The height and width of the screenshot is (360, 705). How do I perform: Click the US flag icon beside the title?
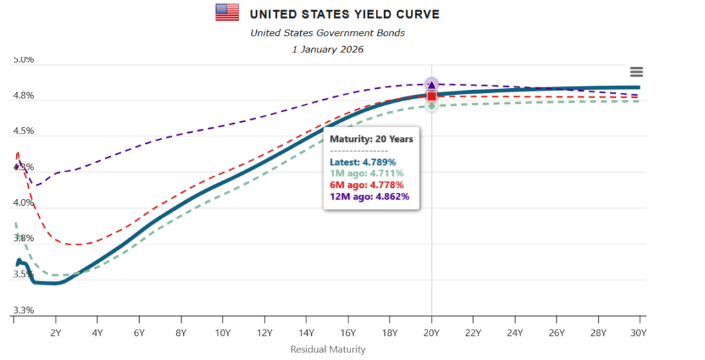(227, 12)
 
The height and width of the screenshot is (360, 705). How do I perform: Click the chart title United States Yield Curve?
(344, 14)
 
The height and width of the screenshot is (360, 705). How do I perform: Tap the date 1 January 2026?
(328, 50)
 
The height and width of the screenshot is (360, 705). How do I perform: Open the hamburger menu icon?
(636, 72)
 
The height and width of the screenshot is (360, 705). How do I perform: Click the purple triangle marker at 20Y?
(432, 85)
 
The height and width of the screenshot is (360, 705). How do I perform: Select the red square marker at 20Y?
(432, 96)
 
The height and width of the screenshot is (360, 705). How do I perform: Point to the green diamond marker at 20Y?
(432, 106)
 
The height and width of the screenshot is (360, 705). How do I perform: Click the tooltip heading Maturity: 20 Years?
(371, 138)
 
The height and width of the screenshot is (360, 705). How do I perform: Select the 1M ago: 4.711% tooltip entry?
(366, 173)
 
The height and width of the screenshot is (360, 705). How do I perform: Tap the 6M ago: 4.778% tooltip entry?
(366, 184)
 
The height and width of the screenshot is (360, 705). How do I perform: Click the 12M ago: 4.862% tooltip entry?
(369, 196)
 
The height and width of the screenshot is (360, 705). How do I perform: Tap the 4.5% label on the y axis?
(24, 131)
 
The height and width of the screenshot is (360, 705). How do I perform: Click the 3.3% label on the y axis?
(24, 310)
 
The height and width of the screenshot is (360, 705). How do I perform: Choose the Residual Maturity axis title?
(328, 349)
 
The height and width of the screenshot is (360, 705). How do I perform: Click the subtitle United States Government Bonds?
(328, 32)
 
